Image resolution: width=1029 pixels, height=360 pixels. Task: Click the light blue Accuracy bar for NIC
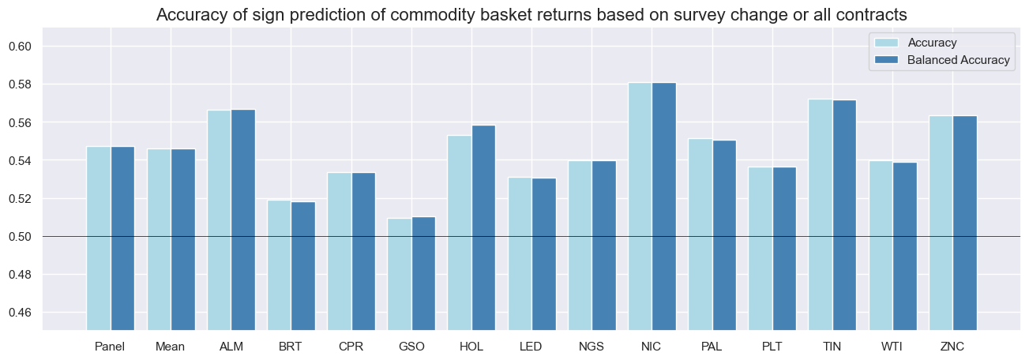point(640,205)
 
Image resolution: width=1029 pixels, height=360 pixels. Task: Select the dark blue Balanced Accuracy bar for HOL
point(483,229)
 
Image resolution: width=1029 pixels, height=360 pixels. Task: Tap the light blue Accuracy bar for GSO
point(400,272)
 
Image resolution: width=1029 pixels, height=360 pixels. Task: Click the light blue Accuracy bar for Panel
point(99,237)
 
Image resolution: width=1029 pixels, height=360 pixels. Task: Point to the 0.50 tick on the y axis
point(21,237)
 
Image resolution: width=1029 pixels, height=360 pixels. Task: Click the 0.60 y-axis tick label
point(21,47)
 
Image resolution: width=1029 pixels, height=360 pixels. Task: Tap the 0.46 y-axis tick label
point(21,313)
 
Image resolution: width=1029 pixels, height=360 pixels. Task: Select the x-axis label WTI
point(892,347)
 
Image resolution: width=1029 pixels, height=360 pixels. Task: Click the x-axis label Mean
point(171,347)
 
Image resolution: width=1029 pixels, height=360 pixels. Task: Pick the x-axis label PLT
point(772,347)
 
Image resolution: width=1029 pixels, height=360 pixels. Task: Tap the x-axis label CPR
point(351,347)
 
